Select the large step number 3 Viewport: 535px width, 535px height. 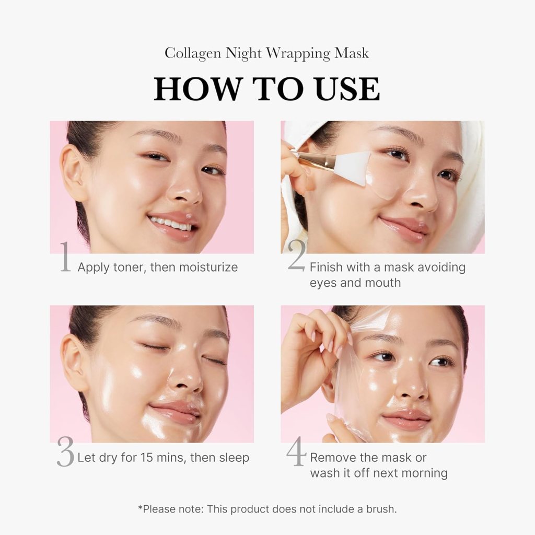coord(65,453)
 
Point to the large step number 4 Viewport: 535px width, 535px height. coord(296,453)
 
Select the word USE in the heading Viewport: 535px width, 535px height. coord(347,89)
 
